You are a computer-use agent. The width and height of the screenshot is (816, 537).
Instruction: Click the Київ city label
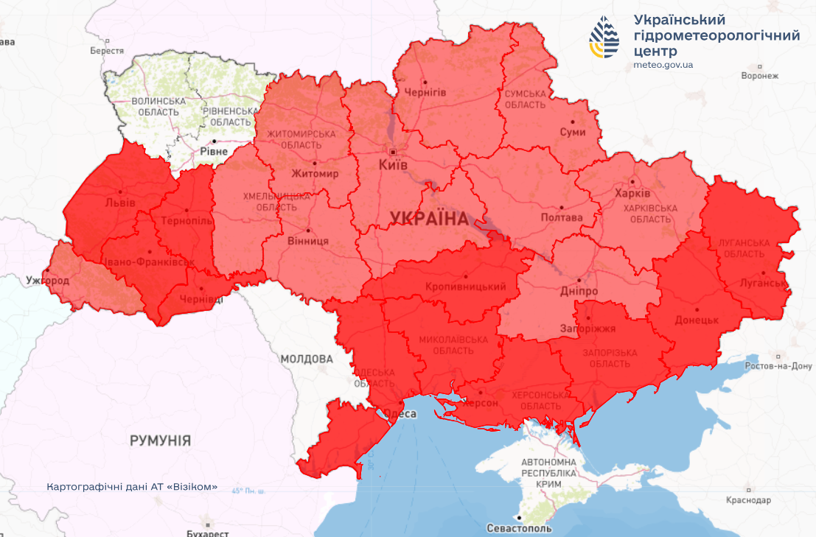[393, 165]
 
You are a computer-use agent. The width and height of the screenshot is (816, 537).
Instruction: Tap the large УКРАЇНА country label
[429, 218]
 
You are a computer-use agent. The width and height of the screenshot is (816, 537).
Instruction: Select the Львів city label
[119, 202]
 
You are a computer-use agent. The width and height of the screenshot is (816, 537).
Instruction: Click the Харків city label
[632, 193]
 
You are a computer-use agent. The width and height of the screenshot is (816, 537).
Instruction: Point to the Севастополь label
[519, 528]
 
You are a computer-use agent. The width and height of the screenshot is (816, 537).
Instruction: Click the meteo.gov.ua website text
[663, 65]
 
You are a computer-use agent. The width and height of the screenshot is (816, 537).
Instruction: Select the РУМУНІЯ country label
[160, 441]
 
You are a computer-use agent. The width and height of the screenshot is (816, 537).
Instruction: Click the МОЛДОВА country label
[307, 359]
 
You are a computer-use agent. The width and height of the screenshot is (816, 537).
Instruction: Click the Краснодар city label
[747, 500]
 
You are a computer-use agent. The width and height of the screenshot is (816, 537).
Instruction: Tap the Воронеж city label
[760, 76]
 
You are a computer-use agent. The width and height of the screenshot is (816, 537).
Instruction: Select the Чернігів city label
[425, 91]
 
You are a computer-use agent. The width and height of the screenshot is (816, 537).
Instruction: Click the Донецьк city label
[696, 320]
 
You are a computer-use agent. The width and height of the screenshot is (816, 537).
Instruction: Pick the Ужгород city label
[46, 281]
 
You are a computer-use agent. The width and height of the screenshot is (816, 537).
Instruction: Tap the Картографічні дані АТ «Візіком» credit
[132, 487]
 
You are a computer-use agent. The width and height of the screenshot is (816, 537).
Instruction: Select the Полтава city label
[561, 217]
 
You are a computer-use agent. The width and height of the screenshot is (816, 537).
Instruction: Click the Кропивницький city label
[465, 287]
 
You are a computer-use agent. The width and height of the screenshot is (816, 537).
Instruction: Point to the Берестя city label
[107, 51]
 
